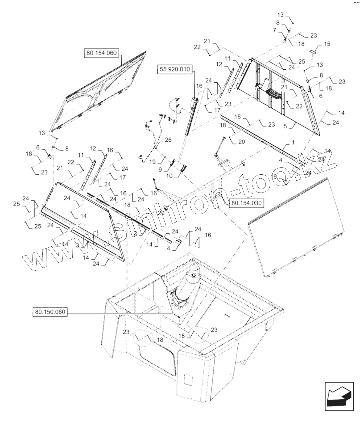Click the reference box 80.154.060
[x=101, y=53]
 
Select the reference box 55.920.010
[x=175, y=70]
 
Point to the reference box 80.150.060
[x=50, y=312]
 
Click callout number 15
[x=327, y=44]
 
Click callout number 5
[x=285, y=126]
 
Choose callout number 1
[x=293, y=143]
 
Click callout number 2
[x=135, y=233]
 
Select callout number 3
[x=77, y=246]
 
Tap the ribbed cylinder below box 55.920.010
[x=191, y=117]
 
